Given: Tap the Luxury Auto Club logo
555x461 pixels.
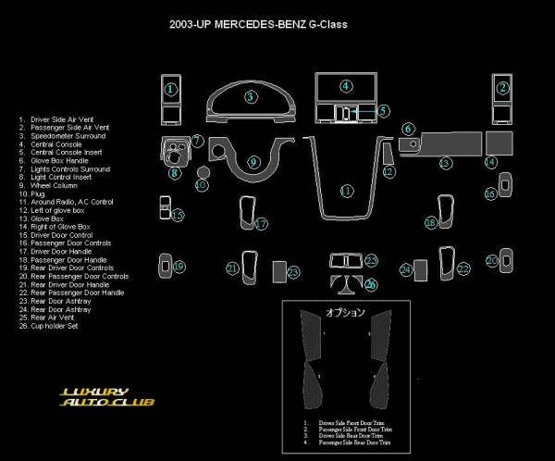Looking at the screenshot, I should [x=107, y=397].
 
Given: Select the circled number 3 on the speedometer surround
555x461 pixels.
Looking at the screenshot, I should [x=251, y=95].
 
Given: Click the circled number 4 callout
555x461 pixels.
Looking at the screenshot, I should [x=346, y=86].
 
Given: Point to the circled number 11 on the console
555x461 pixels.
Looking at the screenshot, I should [x=347, y=191].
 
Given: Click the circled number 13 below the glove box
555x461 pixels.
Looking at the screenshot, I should [x=445, y=163].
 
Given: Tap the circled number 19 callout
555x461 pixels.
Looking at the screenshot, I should [x=179, y=267].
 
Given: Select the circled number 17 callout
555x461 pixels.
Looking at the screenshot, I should [x=262, y=223].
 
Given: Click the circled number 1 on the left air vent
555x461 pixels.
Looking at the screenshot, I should [x=171, y=89].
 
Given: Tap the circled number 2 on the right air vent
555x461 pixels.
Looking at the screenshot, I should [x=503, y=89].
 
